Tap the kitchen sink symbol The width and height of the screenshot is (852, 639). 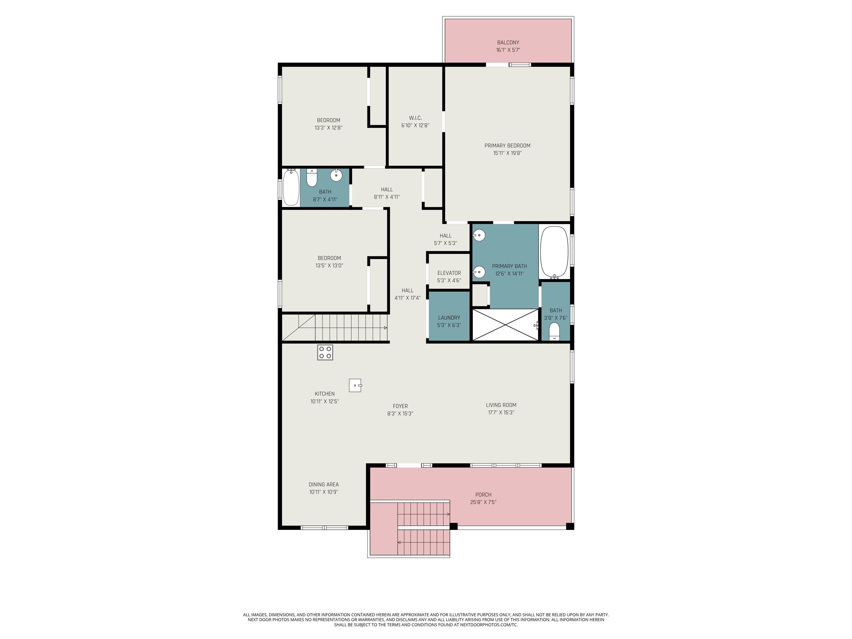click(355, 385)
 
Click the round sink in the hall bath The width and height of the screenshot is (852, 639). click(336, 175)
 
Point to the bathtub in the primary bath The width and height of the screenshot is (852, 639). click(554, 253)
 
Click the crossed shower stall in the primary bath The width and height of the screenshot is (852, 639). click(505, 325)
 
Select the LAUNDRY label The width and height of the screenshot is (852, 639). click(449, 318)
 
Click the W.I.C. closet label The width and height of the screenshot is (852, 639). click(415, 118)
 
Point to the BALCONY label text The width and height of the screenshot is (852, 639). click(508, 42)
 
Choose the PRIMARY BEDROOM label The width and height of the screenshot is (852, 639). click(507, 146)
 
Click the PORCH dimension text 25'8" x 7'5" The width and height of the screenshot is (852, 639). click(483, 502)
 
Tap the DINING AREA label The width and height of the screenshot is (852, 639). click(324, 485)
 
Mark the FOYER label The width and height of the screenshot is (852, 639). click(400, 406)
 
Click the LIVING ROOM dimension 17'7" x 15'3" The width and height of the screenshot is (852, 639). click(501, 412)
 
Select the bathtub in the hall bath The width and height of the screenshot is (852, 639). click(291, 187)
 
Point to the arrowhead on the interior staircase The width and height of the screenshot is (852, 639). click(386, 328)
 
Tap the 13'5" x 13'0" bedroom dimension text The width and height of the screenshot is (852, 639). click(329, 265)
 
